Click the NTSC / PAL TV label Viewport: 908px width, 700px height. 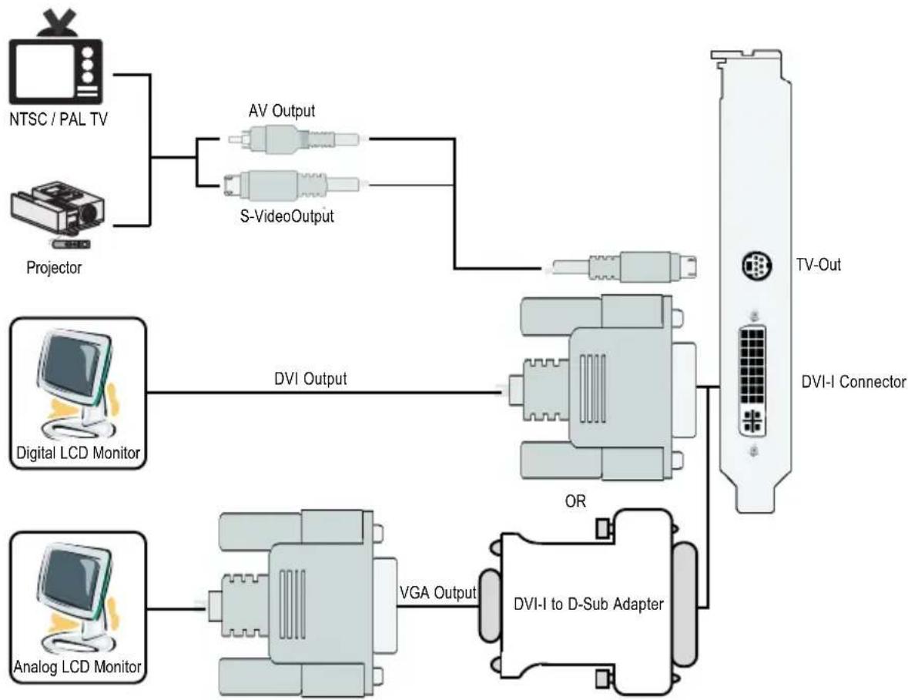click(x=59, y=119)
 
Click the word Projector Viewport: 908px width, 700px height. click(x=54, y=267)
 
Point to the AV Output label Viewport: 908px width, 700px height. click(x=282, y=111)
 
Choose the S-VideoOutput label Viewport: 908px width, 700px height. click(x=287, y=216)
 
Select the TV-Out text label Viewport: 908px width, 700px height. click(x=818, y=265)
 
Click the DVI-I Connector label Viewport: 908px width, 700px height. click(x=853, y=382)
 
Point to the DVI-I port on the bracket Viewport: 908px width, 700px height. click(x=752, y=381)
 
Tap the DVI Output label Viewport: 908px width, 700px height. click(x=310, y=379)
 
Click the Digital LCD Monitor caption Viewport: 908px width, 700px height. click(x=79, y=452)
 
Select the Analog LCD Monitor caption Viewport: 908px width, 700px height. click(x=78, y=666)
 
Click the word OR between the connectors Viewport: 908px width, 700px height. click(x=575, y=501)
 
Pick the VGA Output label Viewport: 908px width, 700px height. click(x=437, y=592)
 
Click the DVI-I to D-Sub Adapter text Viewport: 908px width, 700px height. click(x=588, y=604)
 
